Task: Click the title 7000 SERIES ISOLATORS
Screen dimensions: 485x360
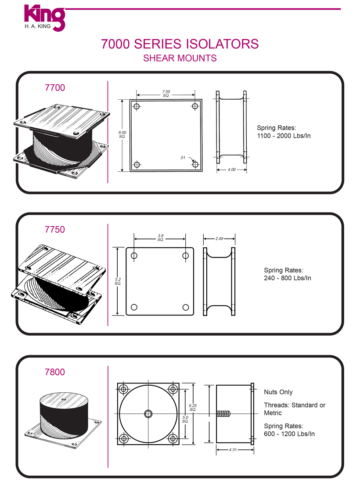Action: (180, 44)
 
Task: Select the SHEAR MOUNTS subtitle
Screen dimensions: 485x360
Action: (180, 58)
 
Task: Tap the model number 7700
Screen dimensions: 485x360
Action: (55, 87)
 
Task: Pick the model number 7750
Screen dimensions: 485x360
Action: (55, 229)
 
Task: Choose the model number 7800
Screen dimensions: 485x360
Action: (55, 372)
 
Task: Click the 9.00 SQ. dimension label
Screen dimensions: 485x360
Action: (122, 134)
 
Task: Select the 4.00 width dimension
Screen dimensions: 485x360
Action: (231, 169)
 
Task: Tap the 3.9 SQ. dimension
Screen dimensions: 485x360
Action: (160, 238)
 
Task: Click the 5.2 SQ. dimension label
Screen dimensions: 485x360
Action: (118, 281)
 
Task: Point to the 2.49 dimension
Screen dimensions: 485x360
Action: (219, 239)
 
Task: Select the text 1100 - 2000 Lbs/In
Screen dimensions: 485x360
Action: (284, 136)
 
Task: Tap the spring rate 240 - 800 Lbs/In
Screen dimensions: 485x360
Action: (287, 278)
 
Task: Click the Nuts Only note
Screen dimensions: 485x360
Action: (278, 392)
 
